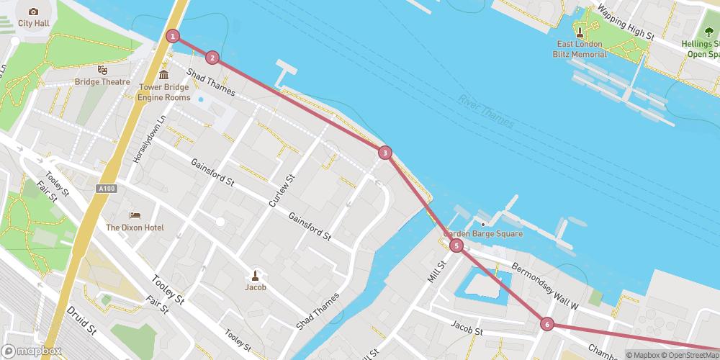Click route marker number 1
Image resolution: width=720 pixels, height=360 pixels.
(x=173, y=36)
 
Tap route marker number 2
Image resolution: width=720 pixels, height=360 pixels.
(x=212, y=58)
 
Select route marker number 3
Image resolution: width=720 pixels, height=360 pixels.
(x=385, y=153)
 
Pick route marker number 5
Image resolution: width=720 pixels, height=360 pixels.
(x=456, y=246)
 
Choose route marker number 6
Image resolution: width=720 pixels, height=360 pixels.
(x=547, y=325)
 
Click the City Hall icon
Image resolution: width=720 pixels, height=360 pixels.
(x=33, y=12)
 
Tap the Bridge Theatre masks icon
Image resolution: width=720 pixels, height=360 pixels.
(x=103, y=70)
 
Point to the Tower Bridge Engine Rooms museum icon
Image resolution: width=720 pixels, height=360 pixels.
(x=163, y=75)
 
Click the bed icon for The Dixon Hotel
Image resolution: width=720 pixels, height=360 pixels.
(x=135, y=215)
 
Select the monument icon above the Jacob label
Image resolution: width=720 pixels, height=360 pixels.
(x=255, y=274)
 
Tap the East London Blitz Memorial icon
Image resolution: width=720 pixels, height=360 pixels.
(x=581, y=32)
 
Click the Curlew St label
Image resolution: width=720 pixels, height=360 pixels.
(x=282, y=192)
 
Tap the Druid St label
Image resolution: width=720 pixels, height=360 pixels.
(x=81, y=322)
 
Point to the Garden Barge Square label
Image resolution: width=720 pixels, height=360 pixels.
(x=482, y=234)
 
